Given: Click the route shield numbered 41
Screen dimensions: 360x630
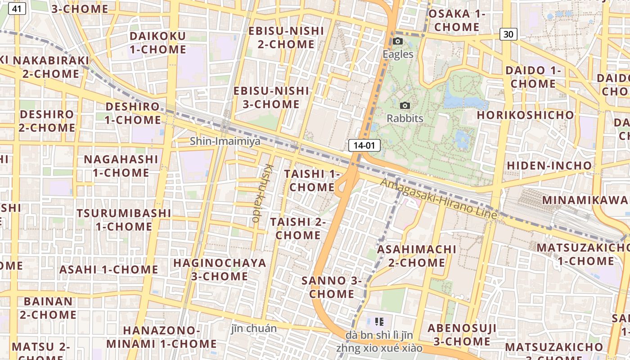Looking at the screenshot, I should point(17,9).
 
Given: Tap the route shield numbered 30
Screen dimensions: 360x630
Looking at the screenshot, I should point(508,34).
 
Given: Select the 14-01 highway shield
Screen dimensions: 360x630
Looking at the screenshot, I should point(364,145).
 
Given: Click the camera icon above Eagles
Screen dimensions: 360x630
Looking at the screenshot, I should point(397,41).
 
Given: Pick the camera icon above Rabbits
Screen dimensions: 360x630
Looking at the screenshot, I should point(405,106).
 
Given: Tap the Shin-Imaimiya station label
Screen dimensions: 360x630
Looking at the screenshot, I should point(225,141).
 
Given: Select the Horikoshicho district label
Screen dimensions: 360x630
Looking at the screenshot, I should point(526,115).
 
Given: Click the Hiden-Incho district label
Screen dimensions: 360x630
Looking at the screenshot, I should point(549,166).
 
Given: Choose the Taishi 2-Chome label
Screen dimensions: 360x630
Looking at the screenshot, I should point(298,229).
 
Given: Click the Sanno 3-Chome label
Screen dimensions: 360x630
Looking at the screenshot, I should point(332,287).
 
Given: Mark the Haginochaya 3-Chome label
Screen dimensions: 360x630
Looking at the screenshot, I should point(220,269).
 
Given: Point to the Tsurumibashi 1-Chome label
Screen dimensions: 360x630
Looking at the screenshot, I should point(123,220).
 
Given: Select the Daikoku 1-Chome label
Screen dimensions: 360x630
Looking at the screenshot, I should point(157,43).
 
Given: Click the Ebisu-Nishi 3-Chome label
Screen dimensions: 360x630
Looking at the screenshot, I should point(271,97).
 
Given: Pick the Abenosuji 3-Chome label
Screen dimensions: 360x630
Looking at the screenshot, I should point(462,335).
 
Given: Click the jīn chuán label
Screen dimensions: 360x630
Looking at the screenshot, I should point(254,328).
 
